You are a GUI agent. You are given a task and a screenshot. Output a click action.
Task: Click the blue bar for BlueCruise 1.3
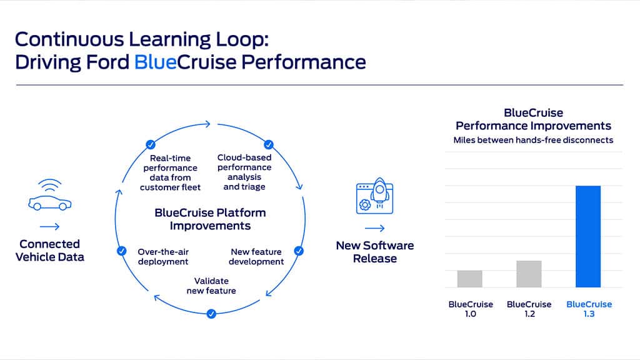coord(587,236)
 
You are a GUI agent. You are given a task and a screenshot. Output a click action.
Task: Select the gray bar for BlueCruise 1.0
coord(470,279)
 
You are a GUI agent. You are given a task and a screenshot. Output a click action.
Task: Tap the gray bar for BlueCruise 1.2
coord(529,274)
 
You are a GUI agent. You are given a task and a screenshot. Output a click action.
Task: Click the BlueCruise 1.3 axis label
coord(589,309)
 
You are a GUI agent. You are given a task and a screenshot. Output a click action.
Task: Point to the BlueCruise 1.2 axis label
coord(529,309)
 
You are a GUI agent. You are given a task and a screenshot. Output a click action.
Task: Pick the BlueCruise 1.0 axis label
coord(471,309)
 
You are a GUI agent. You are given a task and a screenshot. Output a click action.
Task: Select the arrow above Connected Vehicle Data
coord(49,226)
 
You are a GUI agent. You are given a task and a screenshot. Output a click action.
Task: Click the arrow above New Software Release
coord(374,228)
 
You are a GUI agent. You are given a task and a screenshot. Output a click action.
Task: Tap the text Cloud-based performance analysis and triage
coord(244,172)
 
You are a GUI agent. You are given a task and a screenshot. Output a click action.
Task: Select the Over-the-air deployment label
coord(162,256)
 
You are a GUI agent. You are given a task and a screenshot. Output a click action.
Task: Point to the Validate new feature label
coord(211,286)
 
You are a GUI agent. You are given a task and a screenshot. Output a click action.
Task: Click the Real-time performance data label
coord(170,172)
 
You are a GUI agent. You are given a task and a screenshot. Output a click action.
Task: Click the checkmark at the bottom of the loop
coord(211,314)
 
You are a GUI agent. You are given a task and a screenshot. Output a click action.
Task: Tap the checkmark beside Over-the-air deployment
coord(122,251)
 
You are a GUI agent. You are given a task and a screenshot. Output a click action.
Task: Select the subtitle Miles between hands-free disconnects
coord(533,140)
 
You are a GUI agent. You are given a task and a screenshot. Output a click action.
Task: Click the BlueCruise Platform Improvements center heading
coord(210,219)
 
